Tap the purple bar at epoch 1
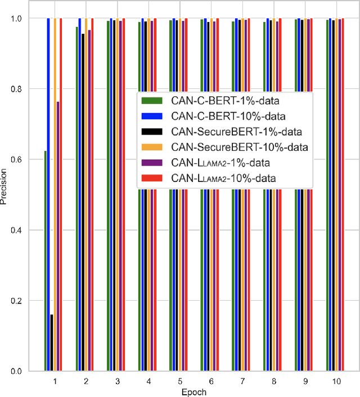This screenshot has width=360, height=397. [58, 237]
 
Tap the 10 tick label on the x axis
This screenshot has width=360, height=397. [336, 381]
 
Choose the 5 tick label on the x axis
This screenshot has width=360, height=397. [179, 381]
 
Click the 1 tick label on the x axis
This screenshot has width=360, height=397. [55, 381]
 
